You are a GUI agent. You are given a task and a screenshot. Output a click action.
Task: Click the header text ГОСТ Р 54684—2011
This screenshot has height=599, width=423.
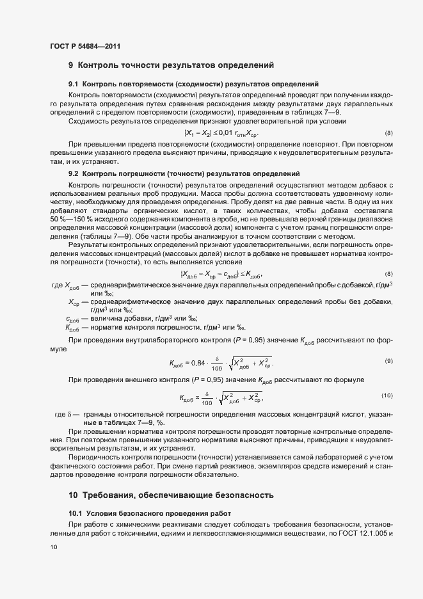pos(85,47)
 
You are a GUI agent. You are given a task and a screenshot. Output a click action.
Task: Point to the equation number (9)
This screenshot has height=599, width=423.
pos(388,362)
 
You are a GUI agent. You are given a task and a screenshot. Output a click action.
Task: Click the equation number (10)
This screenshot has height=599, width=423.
pos(387,395)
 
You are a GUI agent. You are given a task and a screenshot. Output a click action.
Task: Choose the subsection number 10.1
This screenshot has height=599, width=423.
pos(76,513)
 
